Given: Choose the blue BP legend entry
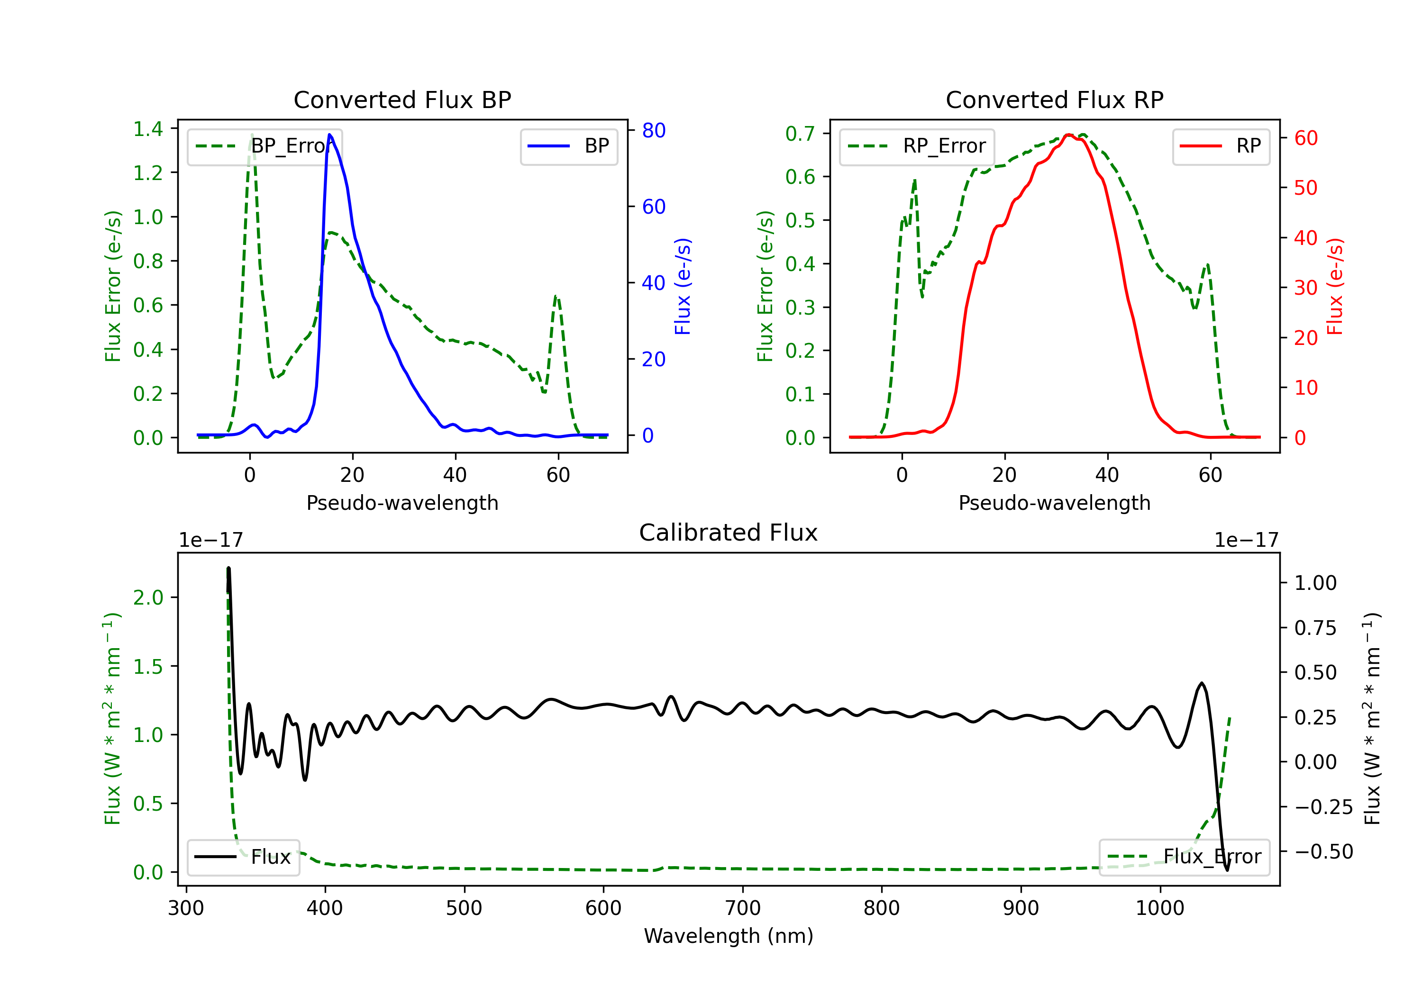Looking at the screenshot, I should tap(568, 146).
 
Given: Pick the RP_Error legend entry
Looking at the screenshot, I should tap(917, 146).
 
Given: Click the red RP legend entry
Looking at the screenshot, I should tap(1221, 146).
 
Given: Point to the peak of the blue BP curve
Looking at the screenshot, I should tap(329, 135).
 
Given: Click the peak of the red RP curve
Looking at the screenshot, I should tap(1068, 135).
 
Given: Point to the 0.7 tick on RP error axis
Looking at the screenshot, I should tap(800, 133).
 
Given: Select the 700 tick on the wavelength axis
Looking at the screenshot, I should tap(743, 908).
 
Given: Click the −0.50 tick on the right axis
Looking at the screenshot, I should tap(1323, 852).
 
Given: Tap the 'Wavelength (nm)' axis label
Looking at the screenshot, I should tap(729, 936).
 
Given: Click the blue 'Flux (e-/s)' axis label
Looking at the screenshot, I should tap(683, 287).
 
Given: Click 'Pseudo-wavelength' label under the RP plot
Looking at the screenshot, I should tap(1054, 503).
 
